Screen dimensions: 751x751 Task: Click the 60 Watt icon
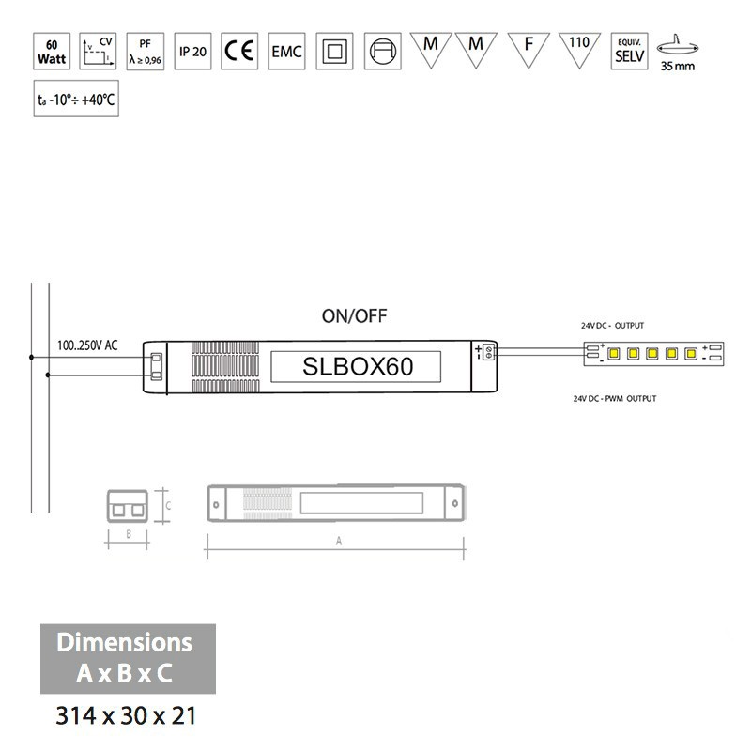click(51, 52)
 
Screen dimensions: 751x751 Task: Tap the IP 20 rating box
click(192, 52)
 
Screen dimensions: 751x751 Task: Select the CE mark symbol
click(239, 52)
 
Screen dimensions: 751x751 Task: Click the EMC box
click(286, 52)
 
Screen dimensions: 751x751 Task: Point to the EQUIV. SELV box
click(626, 52)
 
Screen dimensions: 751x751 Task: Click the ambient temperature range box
click(76, 100)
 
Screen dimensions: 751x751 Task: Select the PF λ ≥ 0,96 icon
click(145, 52)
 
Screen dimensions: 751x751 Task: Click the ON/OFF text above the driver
click(354, 316)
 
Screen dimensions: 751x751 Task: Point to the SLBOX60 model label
click(358, 366)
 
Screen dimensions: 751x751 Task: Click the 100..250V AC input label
click(87, 345)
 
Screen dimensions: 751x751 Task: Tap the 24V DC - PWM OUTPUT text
click(615, 399)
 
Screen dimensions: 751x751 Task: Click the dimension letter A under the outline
click(337, 542)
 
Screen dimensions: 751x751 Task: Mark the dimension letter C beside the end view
click(167, 504)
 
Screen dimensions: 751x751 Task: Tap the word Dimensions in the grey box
click(125, 643)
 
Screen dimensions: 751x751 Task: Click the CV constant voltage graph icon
click(98, 52)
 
